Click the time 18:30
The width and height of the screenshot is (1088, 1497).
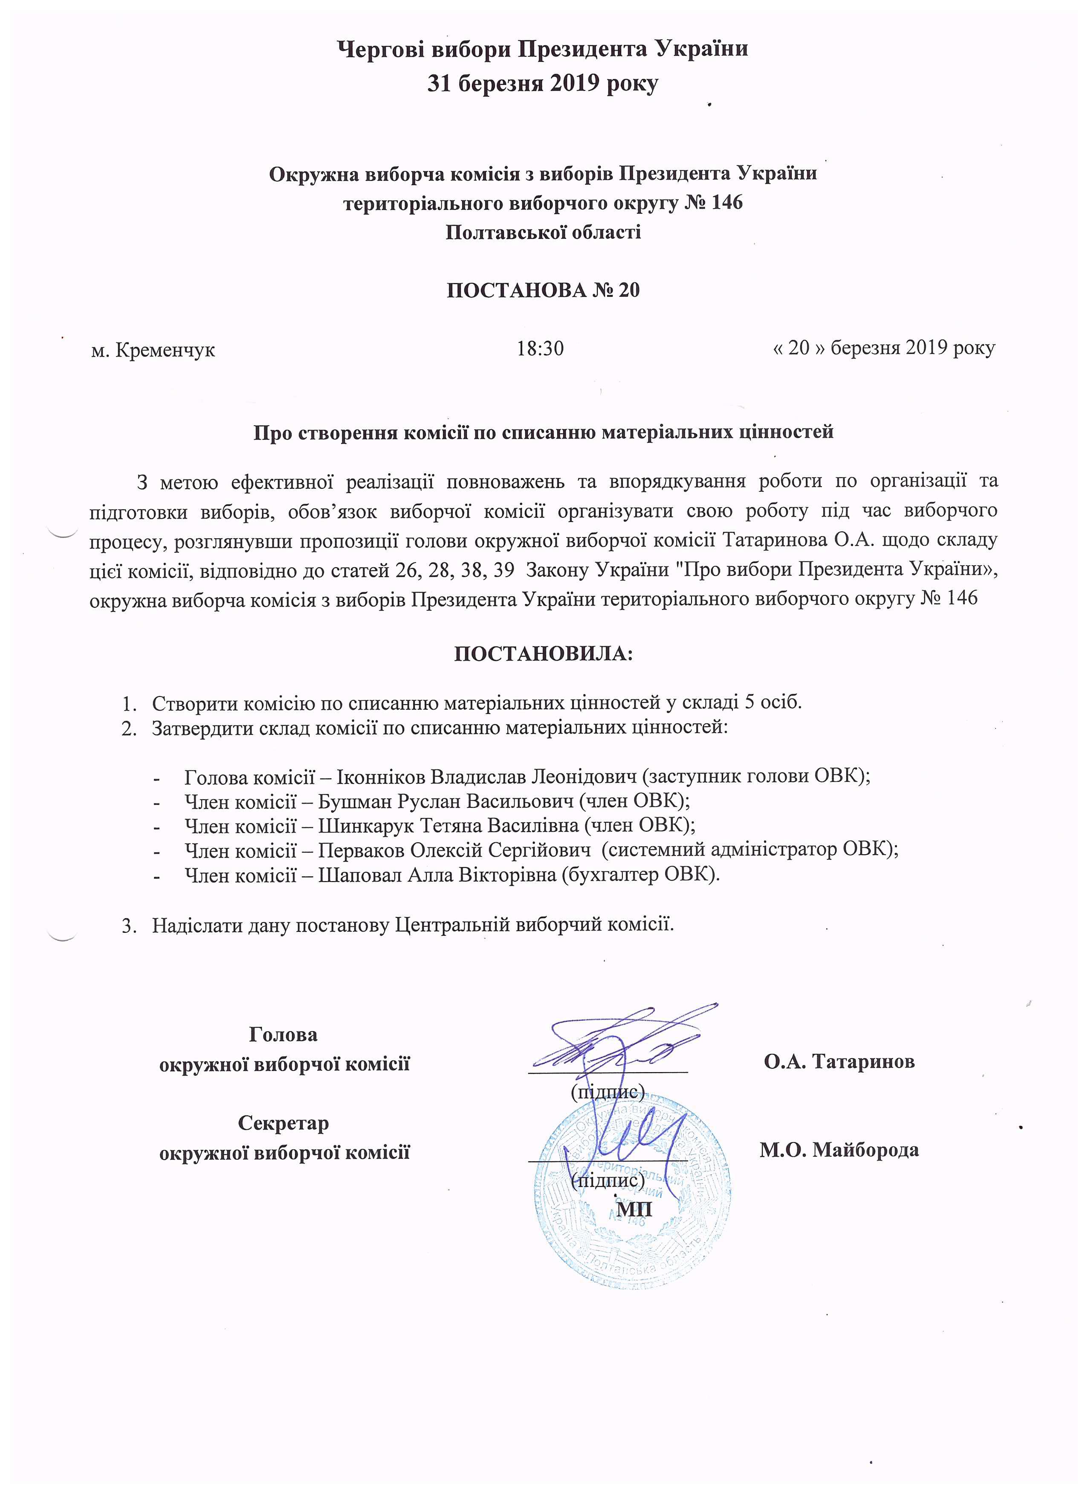540,348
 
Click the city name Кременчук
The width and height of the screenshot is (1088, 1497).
165,350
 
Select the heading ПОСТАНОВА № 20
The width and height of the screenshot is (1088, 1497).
543,290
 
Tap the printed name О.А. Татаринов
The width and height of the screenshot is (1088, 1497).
839,1062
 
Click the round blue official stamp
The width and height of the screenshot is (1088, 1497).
634,1188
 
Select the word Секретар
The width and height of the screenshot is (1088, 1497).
283,1123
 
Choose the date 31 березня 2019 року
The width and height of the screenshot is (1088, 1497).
543,84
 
